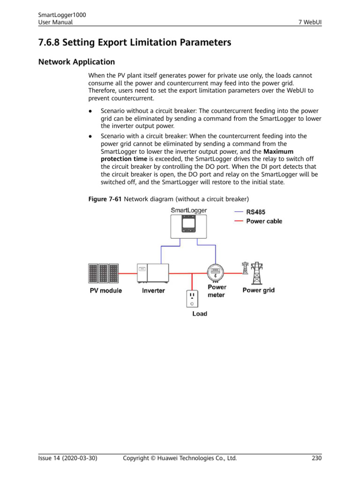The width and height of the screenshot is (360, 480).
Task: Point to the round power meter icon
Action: tap(215, 271)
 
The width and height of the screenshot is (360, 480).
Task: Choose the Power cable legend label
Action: tap(264, 221)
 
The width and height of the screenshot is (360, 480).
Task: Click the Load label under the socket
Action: tap(200, 314)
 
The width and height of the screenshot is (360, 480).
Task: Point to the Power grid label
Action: tap(258, 290)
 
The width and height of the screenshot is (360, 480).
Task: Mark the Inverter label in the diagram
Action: tap(153, 291)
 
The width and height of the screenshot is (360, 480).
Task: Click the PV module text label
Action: tap(106, 291)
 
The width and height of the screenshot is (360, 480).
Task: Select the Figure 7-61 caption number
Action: tap(105, 199)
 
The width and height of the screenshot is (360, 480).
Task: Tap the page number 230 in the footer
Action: tap(316, 458)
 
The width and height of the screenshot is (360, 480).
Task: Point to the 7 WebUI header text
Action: tap(310, 22)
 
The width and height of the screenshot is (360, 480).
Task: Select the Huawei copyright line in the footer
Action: tap(180, 458)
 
